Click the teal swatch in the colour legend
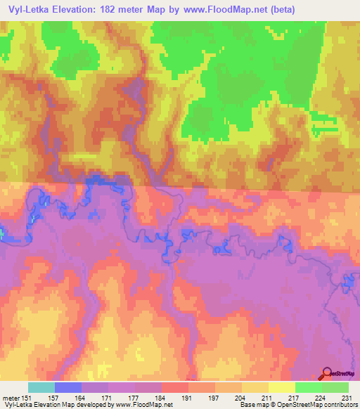tap(41, 387)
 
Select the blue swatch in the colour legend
tap(68, 387)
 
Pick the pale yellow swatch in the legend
tap(281, 387)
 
